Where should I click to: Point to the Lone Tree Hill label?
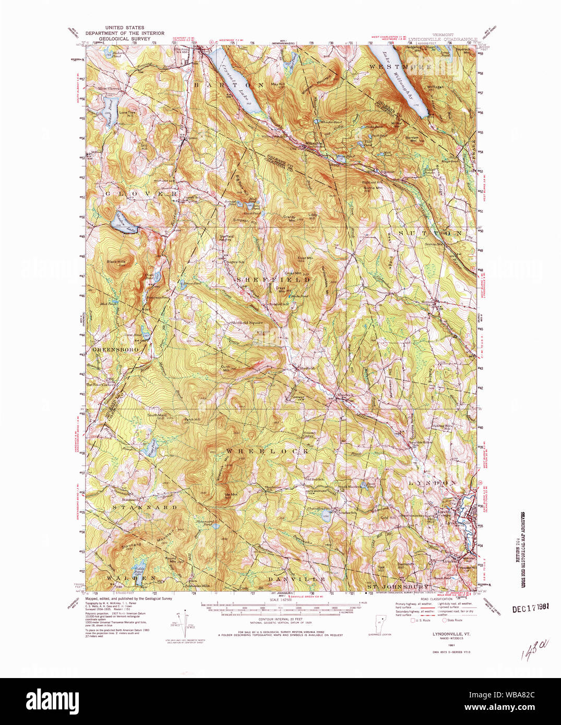127,113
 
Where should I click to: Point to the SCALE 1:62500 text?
280,599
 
